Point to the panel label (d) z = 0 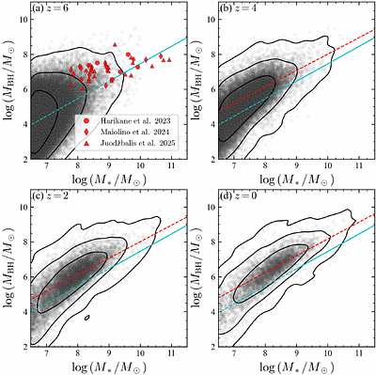point(236,195)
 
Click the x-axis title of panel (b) point(295,179)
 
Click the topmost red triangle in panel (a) point(115,44)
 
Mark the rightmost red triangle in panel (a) point(168,58)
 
